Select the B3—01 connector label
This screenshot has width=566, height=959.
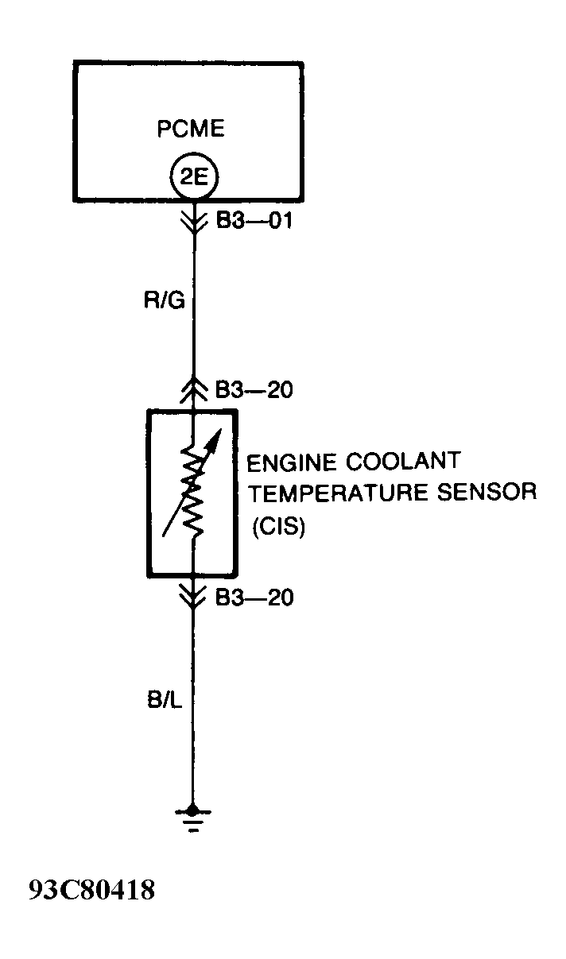[x=254, y=220]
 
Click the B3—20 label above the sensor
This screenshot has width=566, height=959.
[x=254, y=391]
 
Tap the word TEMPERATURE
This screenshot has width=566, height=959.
[x=334, y=493]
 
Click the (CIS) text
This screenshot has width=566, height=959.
[x=278, y=527]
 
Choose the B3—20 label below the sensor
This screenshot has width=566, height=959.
[x=254, y=597]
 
